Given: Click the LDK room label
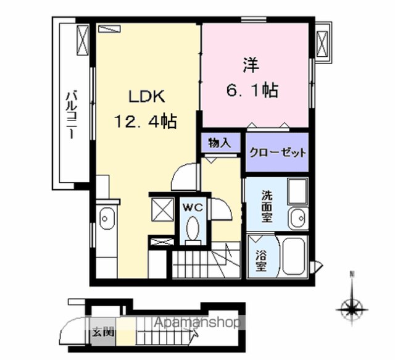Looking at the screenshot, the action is (147, 96).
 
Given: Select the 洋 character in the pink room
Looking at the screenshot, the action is (251, 65).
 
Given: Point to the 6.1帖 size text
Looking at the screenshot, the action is (252, 90).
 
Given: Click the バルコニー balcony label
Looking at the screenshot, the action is (72, 115).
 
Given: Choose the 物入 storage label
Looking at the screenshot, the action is (220, 143).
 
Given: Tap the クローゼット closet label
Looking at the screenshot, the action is (277, 153).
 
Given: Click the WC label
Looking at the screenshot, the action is (193, 207).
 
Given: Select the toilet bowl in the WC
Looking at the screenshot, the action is (193, 228).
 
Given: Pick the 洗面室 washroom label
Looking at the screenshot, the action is (267, 206).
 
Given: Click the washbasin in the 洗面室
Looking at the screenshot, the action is (298, 219).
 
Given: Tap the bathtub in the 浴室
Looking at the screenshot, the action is (294, 257).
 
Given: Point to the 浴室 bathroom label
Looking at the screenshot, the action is (261, 261).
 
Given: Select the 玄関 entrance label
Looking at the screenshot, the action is (103, 333).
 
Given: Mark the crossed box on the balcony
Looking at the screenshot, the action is (83, 40).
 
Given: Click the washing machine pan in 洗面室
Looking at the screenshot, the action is (297, 191).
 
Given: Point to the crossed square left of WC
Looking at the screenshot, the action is (162, 209).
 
